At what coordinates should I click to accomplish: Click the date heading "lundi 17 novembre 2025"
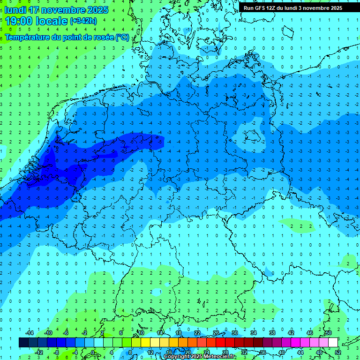(x=57, y=10)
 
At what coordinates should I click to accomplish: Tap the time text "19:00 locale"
(x=37, y=21)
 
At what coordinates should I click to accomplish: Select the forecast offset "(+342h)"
(x=83, y=21)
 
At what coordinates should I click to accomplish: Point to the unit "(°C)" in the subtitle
(x=122, y=37)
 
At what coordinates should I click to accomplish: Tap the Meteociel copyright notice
(x=199, y=357)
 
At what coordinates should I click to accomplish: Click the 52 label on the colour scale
(x=337, y=352)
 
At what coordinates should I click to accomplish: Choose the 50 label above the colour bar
(x=328, y=333)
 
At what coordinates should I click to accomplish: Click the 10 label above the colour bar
(x=141, y=333)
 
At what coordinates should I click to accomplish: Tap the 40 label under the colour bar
(x=281, y=352)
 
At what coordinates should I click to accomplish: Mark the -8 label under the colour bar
(x=56, y=352)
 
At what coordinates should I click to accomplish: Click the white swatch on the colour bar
(x=333, y=343)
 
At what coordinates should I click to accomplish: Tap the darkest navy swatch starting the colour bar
(x=23, y=343)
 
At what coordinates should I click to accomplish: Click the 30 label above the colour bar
(x=234, y=333)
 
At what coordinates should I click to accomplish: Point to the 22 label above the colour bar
(x=197, y=333)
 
